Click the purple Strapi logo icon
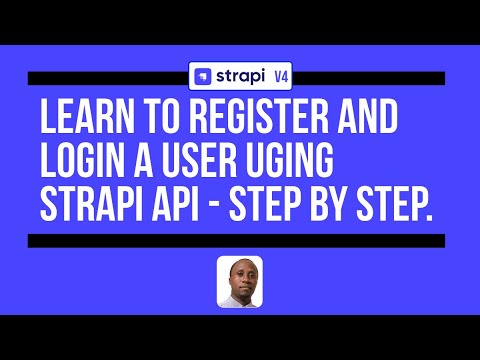203,77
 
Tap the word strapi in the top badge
237,76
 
